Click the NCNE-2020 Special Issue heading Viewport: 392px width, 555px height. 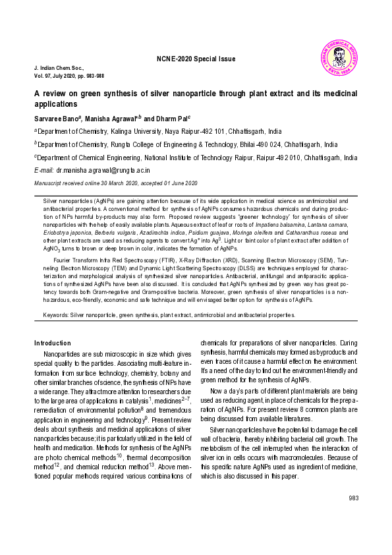196,59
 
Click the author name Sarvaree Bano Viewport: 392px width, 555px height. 57,118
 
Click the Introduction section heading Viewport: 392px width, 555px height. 52,343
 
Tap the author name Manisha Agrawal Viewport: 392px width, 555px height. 110,118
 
